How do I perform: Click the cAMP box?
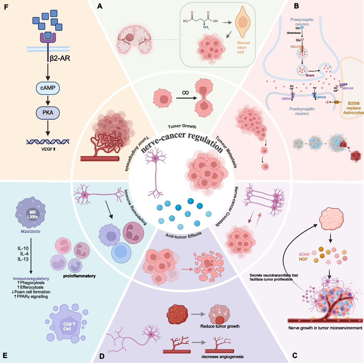pos(48,88)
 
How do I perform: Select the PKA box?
pos(48,113)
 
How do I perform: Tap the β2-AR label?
pos(60,59)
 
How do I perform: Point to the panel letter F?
pos(6,7)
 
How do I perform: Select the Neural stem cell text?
pos(243,47)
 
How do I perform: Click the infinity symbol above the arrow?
pos(185,93)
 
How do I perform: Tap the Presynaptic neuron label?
pos(302,22)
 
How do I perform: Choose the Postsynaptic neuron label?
pos(302,111)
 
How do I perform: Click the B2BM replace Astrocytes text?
pos(353,108)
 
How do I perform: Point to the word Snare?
pos(310,75)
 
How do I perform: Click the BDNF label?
pos(304,254)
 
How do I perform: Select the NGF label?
pos(303,259)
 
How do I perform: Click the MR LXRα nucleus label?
pos(33,214)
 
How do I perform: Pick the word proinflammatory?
pos(79,276)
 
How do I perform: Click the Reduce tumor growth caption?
pos(220,326)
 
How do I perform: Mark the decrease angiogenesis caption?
pos(222,357)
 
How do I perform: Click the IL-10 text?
pos(23,248)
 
